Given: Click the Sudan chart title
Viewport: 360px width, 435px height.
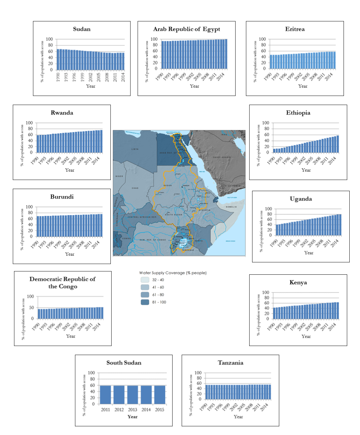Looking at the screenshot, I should pyautogui.click(x=82, y=29).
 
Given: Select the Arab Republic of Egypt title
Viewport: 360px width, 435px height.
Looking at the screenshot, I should pyautogui.click(x=187, y=29).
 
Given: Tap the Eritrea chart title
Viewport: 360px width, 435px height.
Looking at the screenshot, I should pyautogui.click(x=295, y=29).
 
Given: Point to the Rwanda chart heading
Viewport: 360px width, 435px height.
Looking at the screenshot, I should pyautogui.click(x=62, y=113).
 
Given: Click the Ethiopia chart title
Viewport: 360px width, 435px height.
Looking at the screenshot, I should pyautogui.click(x=298, y=113).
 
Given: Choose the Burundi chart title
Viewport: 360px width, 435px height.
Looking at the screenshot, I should pyautogui.click(x=62, y=197).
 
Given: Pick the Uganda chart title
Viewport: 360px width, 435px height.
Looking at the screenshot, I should pyautogui.click(x=301, y=199).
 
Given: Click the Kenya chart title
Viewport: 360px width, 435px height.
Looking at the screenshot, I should pyautogui.click(x=298, y=283).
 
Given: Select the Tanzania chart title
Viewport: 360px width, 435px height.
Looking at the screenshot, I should pyautogui.click(x=230, y=363).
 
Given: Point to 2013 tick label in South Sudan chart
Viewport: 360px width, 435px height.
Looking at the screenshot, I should pyautogui.click(x=132, y=410).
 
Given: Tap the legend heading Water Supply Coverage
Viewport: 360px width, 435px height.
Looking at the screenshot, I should pyautogui.click(x=173, y=273).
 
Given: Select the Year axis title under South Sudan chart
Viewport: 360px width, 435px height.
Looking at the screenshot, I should pyautogui.click(x=132, y=416).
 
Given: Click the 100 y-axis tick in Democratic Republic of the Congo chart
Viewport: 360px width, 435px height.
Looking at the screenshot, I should pyautogui.click(x=30, y=297).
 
